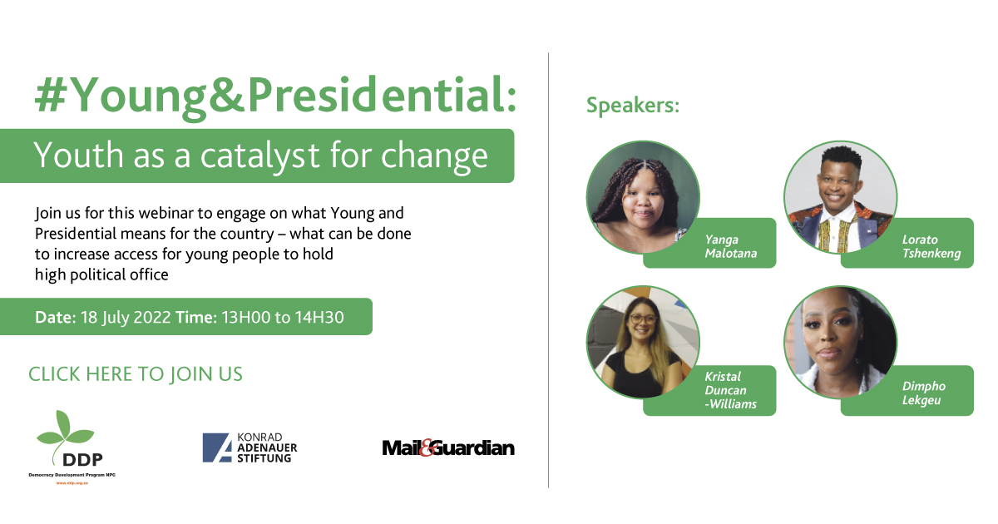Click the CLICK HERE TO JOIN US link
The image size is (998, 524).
[136, 374]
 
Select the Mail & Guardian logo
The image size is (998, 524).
[448, 447]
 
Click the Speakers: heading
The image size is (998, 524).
[633, 106]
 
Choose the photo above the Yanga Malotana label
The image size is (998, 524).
[642, 196]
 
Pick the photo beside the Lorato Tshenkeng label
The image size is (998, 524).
[840, 196]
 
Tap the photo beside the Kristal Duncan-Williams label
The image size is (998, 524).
[642, 342]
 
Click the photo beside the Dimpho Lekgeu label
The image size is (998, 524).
[840, 342]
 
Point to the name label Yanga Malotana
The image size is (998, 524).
[731, 246]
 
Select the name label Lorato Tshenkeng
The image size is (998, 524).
[931, 246]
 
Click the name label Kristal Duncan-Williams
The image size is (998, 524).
[729, 391]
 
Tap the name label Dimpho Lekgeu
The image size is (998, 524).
[923, 393]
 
